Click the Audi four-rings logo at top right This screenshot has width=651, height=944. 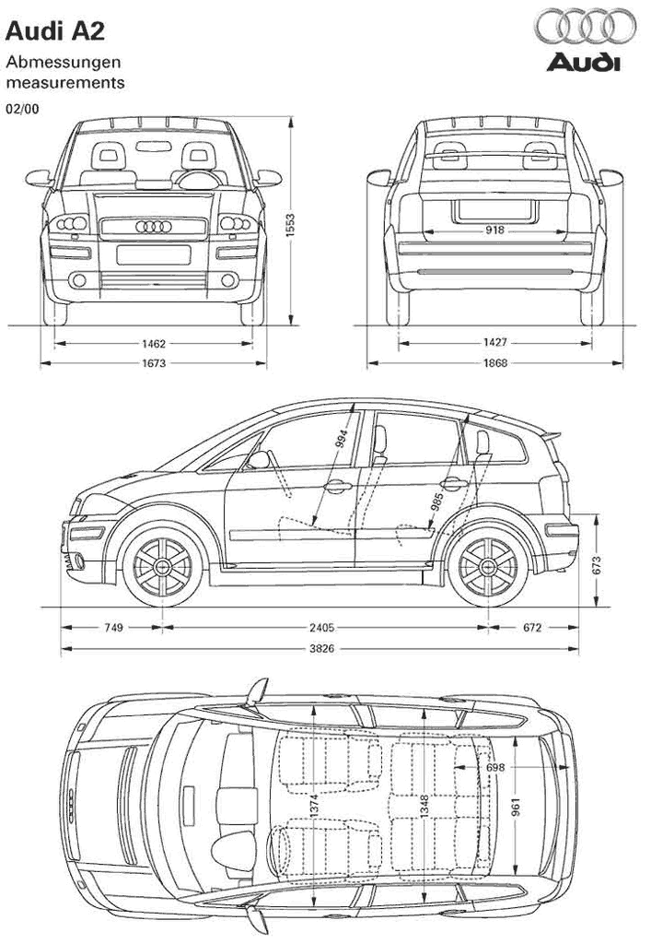[585, 28]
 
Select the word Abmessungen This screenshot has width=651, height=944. [64, 63]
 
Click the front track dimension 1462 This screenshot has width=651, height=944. [154, 344]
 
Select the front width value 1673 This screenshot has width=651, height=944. [154, 363]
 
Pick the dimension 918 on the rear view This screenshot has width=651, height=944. [494, 230]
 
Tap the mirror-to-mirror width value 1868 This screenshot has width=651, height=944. [494, 363]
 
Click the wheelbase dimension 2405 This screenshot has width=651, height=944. [321, 628]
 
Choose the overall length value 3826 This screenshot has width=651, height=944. [321, 650]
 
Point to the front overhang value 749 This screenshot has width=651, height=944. [112, 628]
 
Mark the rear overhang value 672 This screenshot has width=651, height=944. [532, 628]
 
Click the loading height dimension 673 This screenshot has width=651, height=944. [596, 565]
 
